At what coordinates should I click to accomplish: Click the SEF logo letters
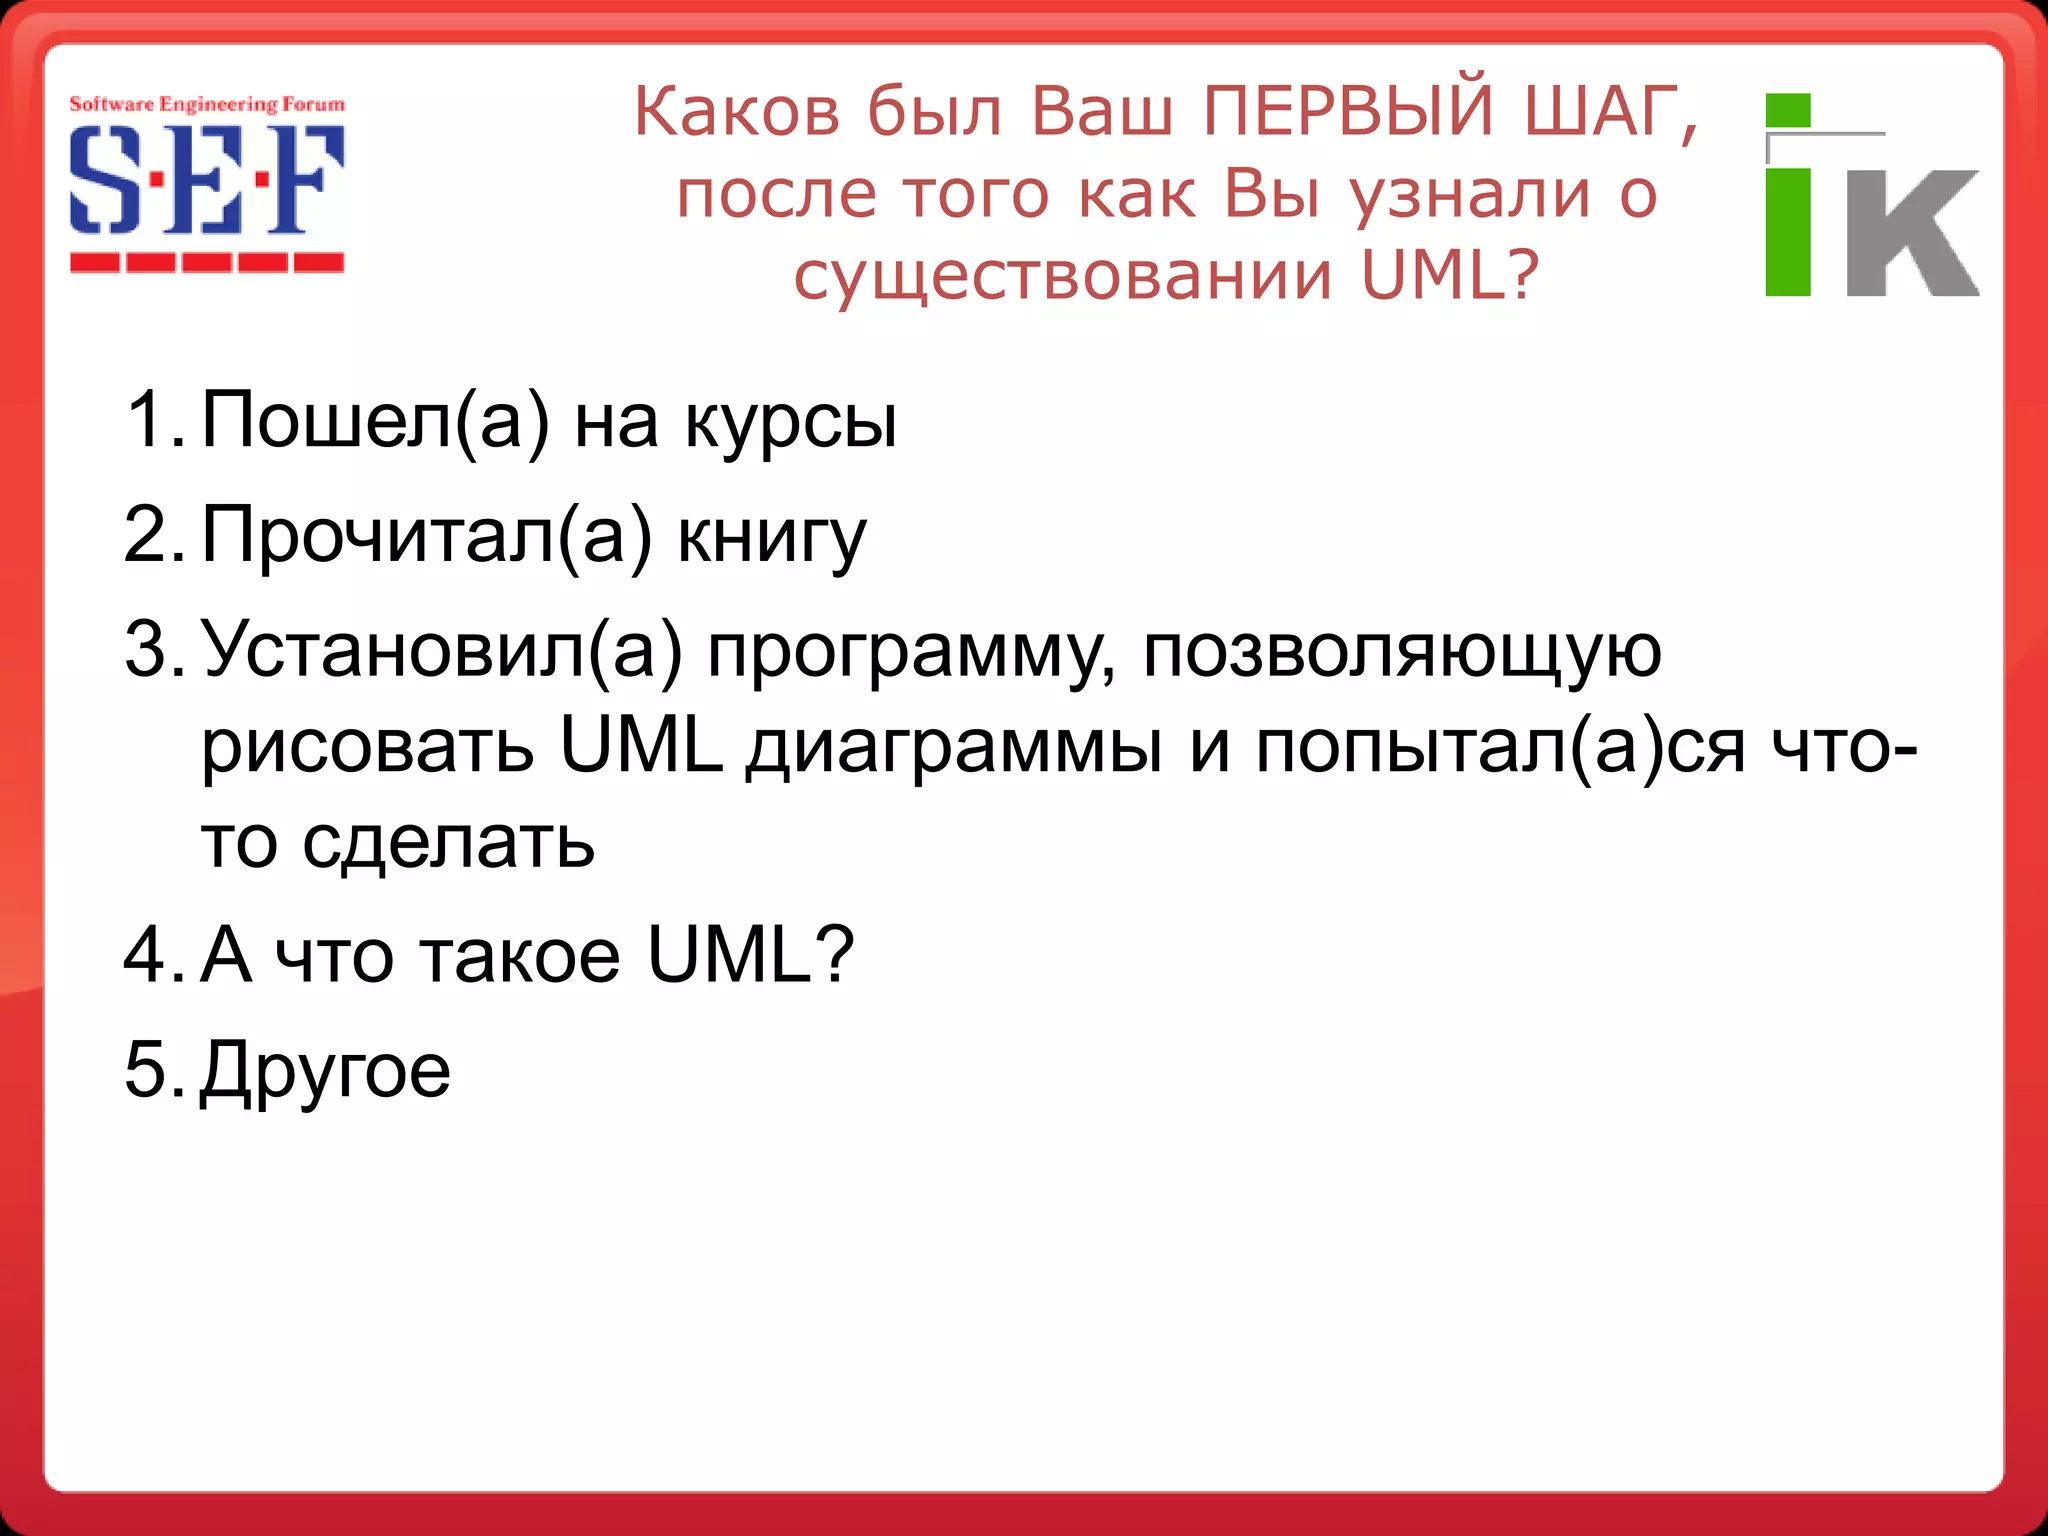(x=207, y=180)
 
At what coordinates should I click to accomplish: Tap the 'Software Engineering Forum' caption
(x=207, y=104)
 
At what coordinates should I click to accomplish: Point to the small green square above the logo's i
(x=1788, y=110)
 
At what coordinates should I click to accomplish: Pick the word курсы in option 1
(x=790, y=421)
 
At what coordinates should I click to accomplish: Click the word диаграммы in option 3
(x=955, y=748)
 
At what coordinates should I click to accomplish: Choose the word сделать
(x=449, y=842)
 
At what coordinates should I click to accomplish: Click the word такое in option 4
(x=520, y=955)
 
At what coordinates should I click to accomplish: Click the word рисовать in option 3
(x=368, y=748)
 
